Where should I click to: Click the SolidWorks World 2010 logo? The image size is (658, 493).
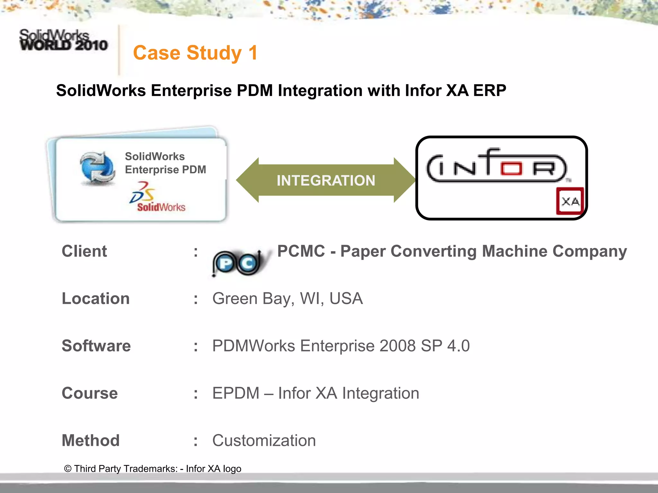point(63,40)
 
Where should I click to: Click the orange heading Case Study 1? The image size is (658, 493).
point(195,53)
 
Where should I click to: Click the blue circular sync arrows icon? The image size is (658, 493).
point(97,168)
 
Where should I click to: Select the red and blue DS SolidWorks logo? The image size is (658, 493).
point(157,197)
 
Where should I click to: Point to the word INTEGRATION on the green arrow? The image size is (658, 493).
point(326,180)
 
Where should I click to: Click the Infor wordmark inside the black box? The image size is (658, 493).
point(497,166)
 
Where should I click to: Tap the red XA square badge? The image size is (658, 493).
point(570,201)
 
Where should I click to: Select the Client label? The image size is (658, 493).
point(84,251)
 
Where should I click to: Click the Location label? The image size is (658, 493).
point(95,298)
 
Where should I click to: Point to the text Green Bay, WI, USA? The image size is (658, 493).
point(287,298)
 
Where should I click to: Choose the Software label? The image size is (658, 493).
point(96,346)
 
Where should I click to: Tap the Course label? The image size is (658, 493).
point(90,393)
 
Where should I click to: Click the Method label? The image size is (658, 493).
point(91,440)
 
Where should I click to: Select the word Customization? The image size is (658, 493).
point(264,440)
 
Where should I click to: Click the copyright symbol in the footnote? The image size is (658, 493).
point(67,469)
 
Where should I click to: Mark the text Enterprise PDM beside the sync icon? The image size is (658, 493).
point(165,169)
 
